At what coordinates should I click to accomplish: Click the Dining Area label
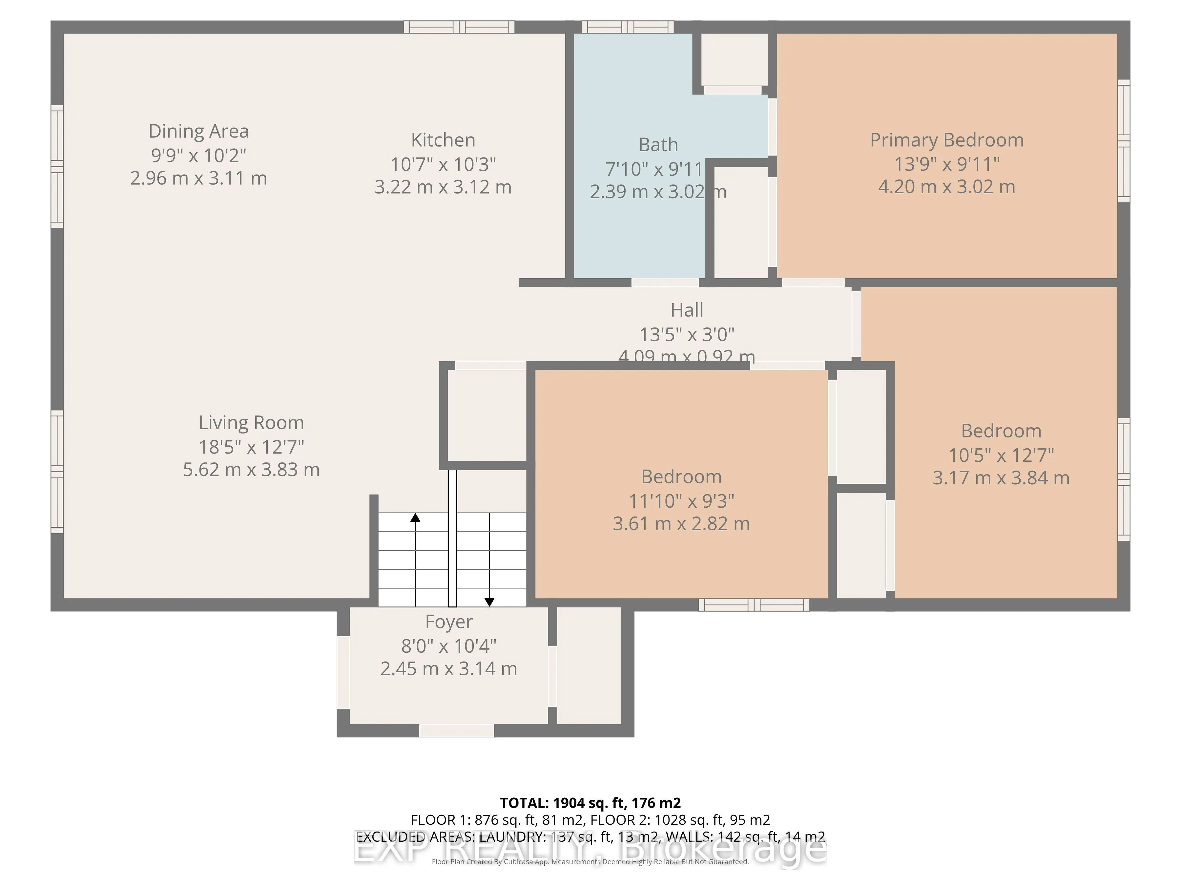click(x=198, y=131)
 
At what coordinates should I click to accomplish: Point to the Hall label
click(x=687, y=310)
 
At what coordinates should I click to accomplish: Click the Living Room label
click(x=251, y=422)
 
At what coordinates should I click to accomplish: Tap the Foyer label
click(x=448, y=622)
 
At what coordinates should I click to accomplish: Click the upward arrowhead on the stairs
click(x=415, y=517)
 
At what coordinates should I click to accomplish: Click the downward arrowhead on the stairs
click(x=489, y=602)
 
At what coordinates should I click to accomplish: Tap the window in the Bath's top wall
click(x=627, y=27)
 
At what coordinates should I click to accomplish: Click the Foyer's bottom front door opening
click(x=457, y=730)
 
